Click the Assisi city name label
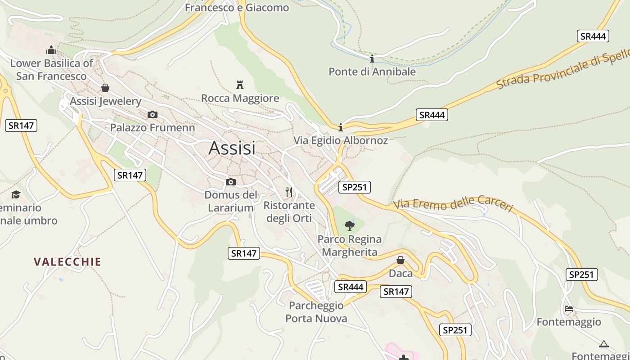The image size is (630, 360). point(232,148)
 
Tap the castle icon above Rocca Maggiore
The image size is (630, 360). point(240,85)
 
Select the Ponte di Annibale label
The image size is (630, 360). point(372,72)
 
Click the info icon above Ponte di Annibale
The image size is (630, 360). point(372,59)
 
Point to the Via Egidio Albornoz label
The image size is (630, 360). point(341,140)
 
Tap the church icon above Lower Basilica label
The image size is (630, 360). point(51,49)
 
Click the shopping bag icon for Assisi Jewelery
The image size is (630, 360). point(105,87)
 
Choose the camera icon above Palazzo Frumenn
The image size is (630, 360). point(153,114)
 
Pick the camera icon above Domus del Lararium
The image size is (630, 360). point(231,182)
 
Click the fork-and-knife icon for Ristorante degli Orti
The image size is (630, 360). point(289,192)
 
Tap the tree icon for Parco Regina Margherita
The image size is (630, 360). point(349,225)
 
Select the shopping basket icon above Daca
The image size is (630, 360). point(400,260)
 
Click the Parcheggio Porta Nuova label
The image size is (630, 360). point(316,312)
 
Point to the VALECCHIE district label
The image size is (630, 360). point(67,261)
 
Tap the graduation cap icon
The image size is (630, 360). point(16,194)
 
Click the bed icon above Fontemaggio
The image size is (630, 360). point(569,309)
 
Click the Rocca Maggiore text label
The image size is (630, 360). point(240,98)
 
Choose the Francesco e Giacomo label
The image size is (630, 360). point(237,8)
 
